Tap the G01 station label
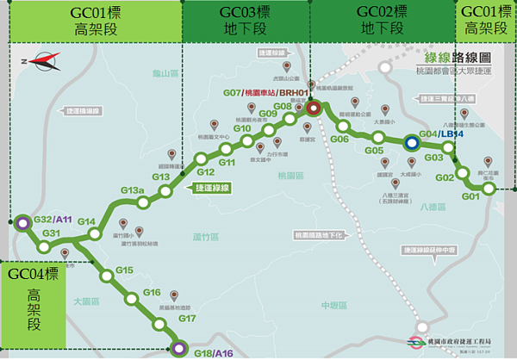(470, 197)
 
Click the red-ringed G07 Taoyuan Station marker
(314, 109)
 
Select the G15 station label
(124, 270)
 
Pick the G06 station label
(339, 139)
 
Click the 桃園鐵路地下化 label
(319, 234)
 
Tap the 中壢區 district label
(331, 305)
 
